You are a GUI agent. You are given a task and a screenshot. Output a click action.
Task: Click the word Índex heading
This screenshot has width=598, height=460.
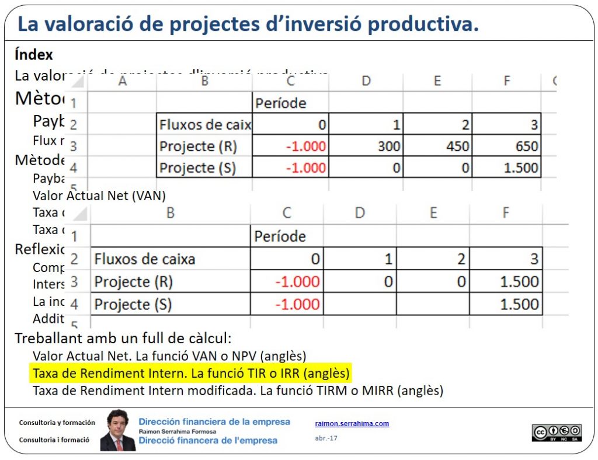tap(34, 55)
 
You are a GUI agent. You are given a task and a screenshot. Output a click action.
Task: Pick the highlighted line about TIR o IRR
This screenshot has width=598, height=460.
tap(191, 373)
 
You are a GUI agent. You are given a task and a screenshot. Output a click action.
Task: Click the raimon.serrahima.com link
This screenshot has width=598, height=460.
tap(352, 424)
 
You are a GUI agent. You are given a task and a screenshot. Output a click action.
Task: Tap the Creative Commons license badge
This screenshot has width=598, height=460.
tap(557, 433)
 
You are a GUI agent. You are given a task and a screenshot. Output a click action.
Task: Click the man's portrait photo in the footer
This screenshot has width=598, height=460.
tap(118, 430)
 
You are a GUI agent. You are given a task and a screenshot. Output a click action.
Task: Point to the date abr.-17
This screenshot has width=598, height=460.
tap(326, 438)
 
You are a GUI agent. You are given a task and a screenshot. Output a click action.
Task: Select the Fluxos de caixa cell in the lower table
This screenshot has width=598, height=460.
tap(145, 259)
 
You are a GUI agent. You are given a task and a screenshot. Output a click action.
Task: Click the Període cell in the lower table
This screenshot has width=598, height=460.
tap(280, 236)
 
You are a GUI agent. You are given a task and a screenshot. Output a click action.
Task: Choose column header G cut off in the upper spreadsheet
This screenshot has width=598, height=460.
tap(553, 81)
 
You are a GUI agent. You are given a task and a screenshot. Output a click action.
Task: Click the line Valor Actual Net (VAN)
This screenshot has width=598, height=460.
tap(99, 196)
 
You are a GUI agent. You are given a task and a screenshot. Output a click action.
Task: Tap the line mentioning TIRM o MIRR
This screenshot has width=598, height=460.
tap(238, 391)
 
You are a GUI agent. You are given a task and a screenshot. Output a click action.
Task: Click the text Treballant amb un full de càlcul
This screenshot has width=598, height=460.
tap(123, 339)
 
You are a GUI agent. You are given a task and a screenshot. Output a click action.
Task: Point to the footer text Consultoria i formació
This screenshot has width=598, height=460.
tap(54, 440)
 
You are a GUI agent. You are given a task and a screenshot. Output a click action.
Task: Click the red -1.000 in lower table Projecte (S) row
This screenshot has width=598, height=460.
tap(297, 304)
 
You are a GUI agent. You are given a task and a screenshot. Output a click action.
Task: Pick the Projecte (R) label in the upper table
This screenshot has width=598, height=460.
tap(198, 147)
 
